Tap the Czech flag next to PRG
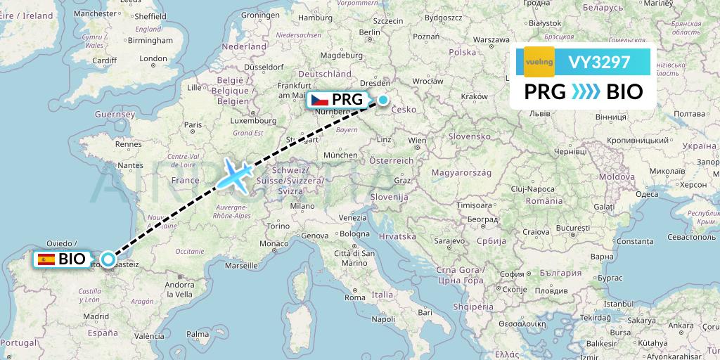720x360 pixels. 320,100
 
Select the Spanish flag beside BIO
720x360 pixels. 47,259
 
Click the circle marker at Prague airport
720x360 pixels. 383,100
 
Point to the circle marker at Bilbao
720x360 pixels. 108,259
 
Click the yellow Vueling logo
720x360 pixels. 539,62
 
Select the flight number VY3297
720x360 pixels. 599,63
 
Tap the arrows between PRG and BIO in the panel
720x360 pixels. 586,92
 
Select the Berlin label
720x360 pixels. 369,32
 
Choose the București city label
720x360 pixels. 572,229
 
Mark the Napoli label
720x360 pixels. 384,319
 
